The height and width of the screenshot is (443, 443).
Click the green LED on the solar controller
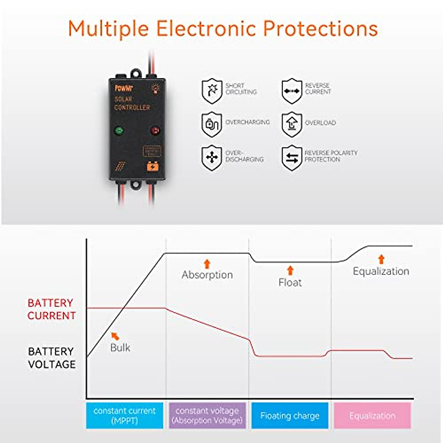click(x=119, y=130)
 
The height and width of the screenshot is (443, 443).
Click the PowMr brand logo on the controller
click(x=124, y=88)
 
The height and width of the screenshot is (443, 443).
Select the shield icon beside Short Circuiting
click(x=212, y=91)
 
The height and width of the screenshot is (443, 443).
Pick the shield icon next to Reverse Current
click(x=292, y=91)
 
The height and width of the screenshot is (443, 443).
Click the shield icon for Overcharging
click(x=212, y=124)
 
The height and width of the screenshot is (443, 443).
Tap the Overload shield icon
click(x=292, y=124)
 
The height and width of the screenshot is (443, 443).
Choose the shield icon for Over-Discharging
click(x=212, y=158)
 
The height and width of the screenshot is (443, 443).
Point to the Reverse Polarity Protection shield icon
click(x=292, y=158)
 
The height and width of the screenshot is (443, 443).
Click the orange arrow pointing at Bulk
click(x=116, y=336)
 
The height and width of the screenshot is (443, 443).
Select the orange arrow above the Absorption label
click(x=207, y=264)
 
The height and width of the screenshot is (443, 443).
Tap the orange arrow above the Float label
click(x=290, y=270)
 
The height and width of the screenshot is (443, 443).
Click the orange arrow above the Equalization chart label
click(x=381, y=259)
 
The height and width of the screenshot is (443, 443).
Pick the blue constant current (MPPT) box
click(x=124, y=415)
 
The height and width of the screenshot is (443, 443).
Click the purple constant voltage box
click(x=207, y=415)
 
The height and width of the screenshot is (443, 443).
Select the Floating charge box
click(x=290, y=415)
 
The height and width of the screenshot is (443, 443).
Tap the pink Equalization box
click(x=372, y=415)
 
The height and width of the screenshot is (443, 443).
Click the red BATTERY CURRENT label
click(x=51, y=309)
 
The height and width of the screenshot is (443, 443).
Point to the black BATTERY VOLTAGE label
click(x=51, y=357)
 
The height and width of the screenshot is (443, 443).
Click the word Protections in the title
click(x=320, y=28)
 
